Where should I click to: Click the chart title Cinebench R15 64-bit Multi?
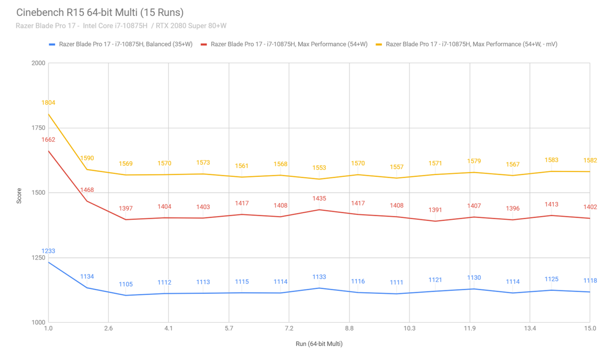point(100,13)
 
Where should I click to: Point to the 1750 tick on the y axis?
point(38,128)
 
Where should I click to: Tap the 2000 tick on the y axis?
point(38,63)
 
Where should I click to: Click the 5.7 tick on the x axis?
point(229,328)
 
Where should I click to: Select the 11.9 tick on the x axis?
point(469,328)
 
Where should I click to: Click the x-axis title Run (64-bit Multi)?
point(319,344)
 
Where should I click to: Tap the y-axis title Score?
point(19,196)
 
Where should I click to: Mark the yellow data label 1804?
point(48,103)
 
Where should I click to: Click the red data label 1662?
point(48,140)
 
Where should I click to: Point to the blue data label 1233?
point(48,251)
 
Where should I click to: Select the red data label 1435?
point(319,199)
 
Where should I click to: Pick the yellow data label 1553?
point(319,168)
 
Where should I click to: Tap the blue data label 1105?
point(126,284)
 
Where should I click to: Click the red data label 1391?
point(435,210)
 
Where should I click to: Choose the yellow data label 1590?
point(87,158)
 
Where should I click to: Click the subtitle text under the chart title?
point(121,26)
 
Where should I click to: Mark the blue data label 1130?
point(474,278)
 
